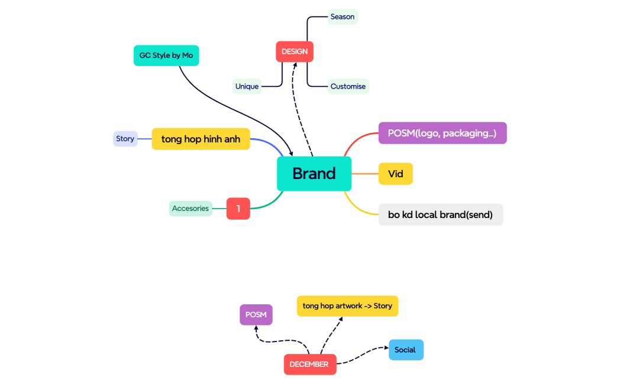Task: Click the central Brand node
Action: pos(314,174)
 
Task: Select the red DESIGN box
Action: pos(295,51)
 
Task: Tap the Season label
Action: pos(343,17)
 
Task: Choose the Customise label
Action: pos(348,86)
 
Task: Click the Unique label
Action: pos(247,86)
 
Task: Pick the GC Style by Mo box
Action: pos(166,56)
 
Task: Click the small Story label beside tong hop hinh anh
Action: pos(125,139)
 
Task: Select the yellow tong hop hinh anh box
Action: pos(201,139)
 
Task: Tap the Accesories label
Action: pos(190,208)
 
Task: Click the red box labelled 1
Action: pos(238,209)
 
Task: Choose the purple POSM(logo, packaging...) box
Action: pos(443,133)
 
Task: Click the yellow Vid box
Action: pos(395,174)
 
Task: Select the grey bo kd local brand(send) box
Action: pos(441,214)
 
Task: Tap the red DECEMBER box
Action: pos(309,365)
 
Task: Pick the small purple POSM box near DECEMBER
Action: pos(256,315)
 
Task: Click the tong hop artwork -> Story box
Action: pos(347,306)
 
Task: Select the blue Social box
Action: pos(406,350)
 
